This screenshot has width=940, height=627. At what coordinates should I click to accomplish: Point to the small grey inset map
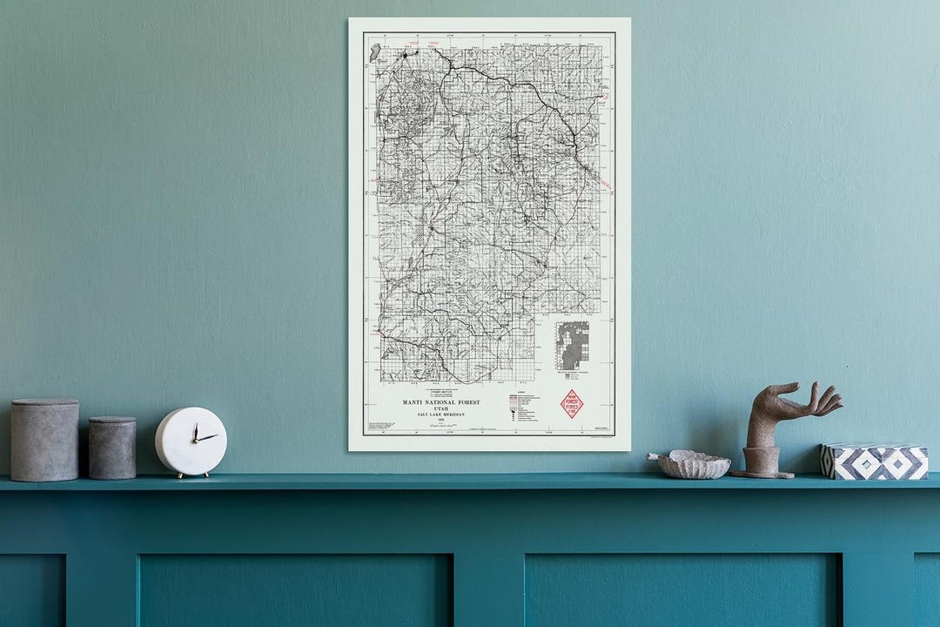(x=573, y=345)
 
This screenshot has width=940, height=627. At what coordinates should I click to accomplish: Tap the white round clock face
(x=191, y=441)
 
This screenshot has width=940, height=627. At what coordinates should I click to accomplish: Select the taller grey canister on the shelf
(x=44, y=440)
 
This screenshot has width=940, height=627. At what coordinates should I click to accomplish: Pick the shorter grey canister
(x=112, y=448)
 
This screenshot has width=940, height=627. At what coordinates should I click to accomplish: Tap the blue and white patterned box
(x=874, y=462)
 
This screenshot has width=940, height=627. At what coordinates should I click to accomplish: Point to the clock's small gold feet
(x=191, y=475)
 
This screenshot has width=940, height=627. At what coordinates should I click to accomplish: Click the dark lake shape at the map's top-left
(x=374, y=53)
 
